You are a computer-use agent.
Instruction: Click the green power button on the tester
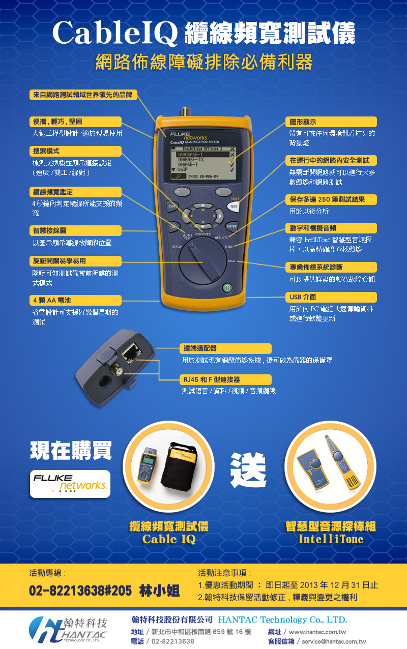coord(227,288)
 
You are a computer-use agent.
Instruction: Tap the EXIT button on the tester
coord(172,206)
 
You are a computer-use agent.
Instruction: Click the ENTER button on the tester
coord(231,226)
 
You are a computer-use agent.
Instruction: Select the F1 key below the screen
coord(182,192)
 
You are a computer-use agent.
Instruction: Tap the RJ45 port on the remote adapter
coord(131,353)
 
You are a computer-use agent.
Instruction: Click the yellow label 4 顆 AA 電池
coord(75,300)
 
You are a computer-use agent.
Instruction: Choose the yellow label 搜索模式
coord(75,151)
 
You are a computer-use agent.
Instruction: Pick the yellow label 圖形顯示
coord(331,122)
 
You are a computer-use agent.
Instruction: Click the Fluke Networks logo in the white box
coord(70,484)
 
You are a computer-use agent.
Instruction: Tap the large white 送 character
coord(248,469)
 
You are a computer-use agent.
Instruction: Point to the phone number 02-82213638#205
coord(80,591)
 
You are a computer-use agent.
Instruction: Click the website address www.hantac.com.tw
coord(317,632)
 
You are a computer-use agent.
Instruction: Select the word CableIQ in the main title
coord(115,34)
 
